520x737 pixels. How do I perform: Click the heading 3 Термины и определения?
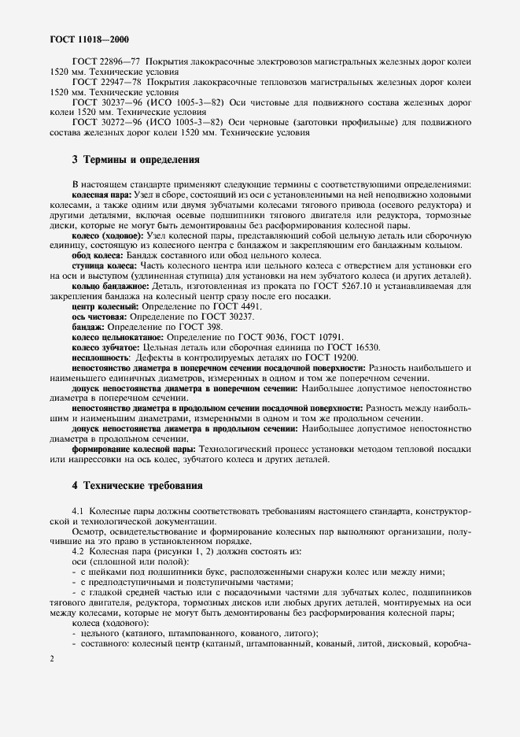(135, 160)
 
